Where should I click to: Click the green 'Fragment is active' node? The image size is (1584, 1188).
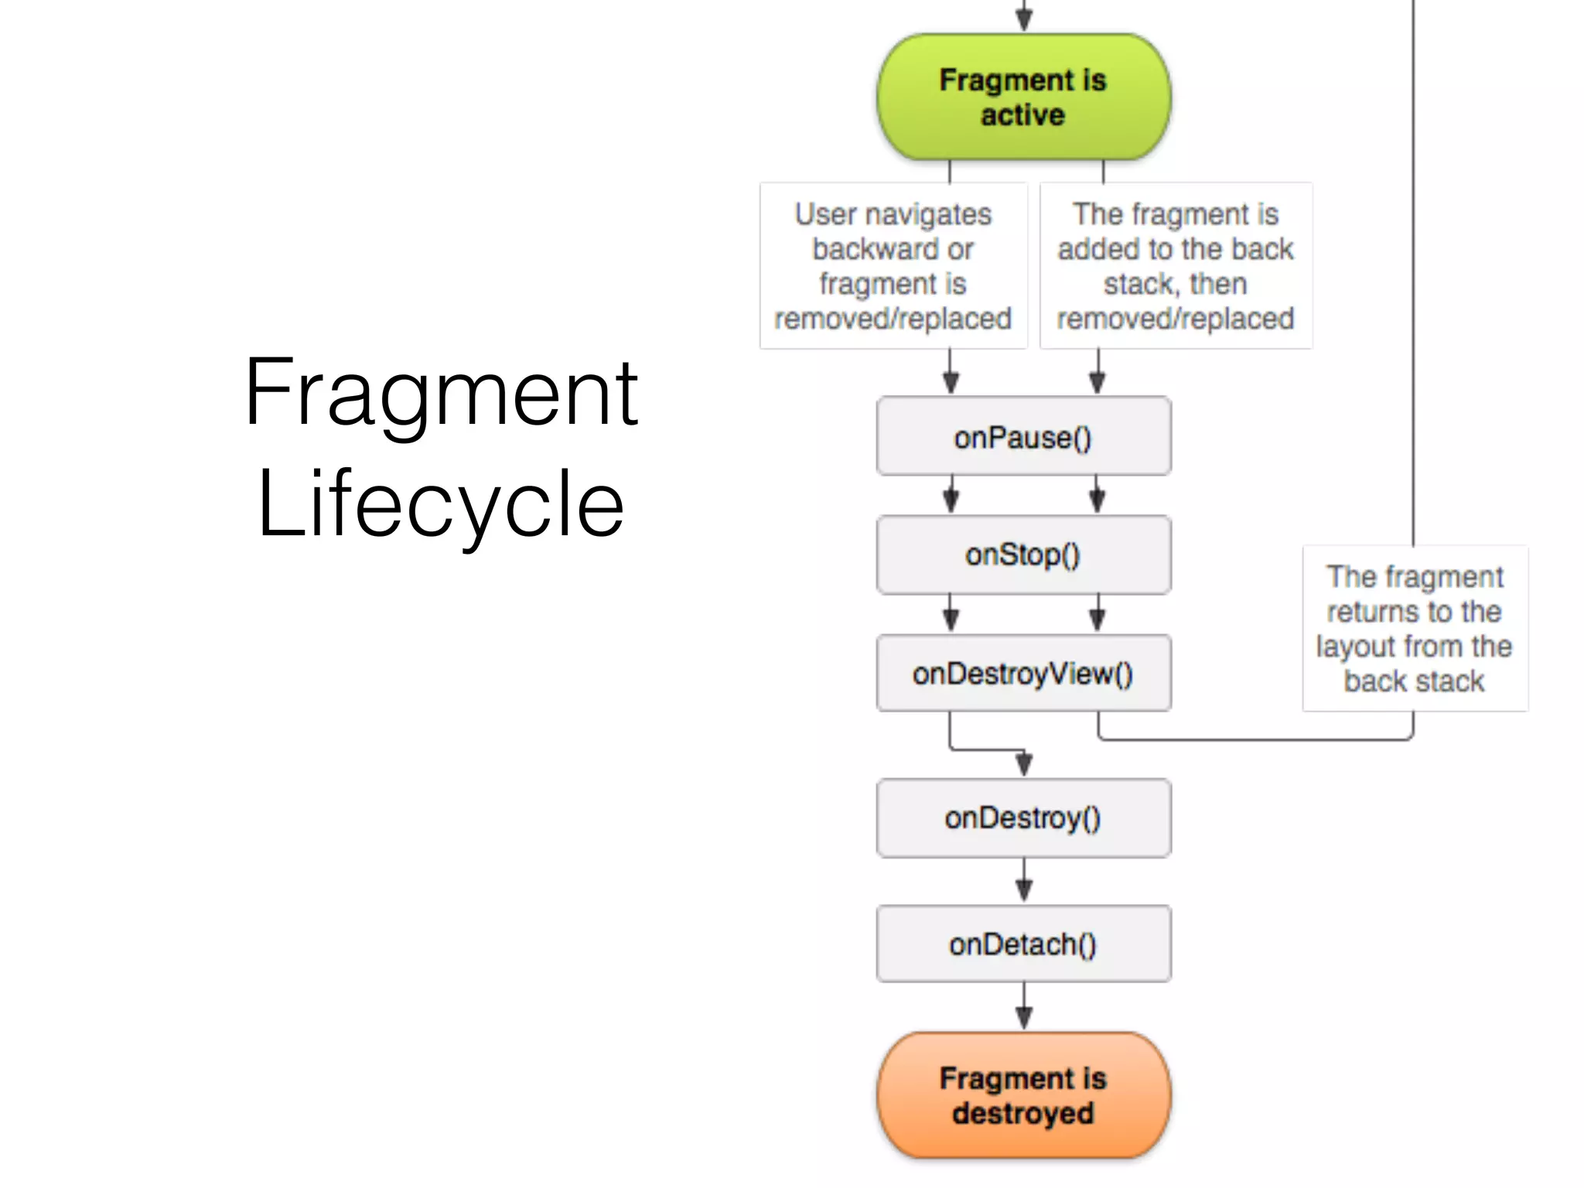[1023, 97]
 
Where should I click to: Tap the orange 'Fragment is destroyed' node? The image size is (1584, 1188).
[1023, 1095]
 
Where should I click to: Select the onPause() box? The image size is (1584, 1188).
[1023, 437]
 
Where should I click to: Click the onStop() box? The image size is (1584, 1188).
[1023, 555]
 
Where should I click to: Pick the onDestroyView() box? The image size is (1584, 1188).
[1023, 673]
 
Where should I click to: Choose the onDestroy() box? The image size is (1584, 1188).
[1023, 818]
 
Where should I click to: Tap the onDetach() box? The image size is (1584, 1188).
[1023, 944]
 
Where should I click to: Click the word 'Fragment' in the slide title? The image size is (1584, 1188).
[441, 394]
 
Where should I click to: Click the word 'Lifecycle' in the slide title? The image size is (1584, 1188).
[441, 504]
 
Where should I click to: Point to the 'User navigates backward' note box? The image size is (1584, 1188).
[893, 266]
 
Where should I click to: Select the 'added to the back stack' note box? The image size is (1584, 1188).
[1176, 266]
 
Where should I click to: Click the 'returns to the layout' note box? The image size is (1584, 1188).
[1415, 628]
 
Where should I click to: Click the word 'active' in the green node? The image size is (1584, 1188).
[1023, 115]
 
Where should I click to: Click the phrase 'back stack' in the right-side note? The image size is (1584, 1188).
[1415, 681]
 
